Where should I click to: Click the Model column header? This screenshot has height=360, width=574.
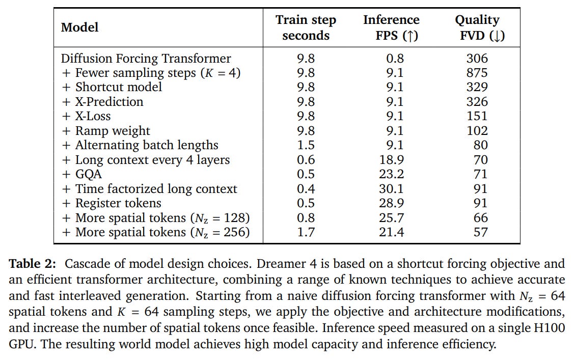click(x=80, y=27)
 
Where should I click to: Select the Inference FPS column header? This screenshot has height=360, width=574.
click(x=391, y=27)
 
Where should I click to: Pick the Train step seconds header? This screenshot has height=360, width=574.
click(x=306, y=27)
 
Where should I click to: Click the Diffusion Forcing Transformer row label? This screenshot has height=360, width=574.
click(x=146, y=59)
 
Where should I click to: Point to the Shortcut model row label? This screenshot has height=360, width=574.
click(x=112, y=87)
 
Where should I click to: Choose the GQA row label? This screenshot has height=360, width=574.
click(x=82, y=174)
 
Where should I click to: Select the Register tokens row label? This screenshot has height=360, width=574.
click(x=112, y=203)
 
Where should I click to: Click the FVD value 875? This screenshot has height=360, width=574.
click(x=477, y=73)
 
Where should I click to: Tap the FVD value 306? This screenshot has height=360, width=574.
click(x=477, y=59)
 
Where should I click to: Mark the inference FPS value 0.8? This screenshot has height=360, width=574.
click(x=395, y=59)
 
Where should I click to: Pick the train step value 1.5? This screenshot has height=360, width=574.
click(x=306, y=145)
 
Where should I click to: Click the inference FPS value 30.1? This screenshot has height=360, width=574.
click(x=391, y=189)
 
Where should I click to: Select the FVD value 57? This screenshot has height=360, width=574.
click(x=481, y=232)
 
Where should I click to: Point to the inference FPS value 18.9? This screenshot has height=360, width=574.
click(x=391, y=160)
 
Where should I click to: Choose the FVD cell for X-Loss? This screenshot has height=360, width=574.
click(x=477, y=116)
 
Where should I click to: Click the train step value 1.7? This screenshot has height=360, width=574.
click(x=306, y=232)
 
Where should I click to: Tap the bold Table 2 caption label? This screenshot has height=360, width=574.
click(x=33, y=264)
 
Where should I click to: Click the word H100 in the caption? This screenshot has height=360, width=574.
click(x=549, y=328)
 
